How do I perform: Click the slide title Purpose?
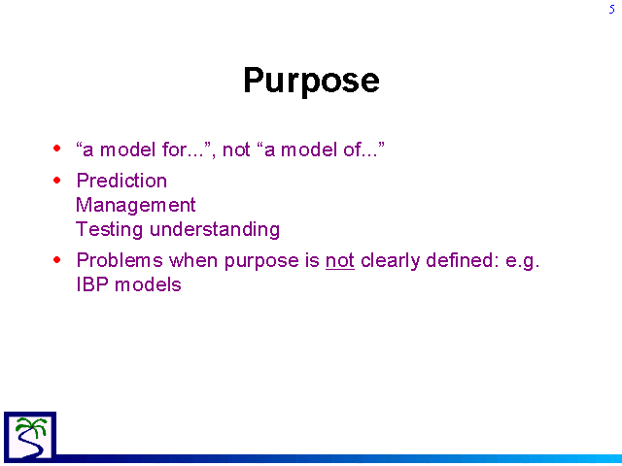pyautogui.click(x=311, y=82)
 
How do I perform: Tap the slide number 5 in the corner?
pyautogui.click(x=611, y=9)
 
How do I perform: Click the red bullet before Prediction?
pyautogui.click(x=57, y=181)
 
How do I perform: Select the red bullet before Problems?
pyautogui.click(x=57, y=260)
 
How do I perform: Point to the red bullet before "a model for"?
pyautogui.click(x=57, y=149)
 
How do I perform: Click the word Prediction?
pyautogui.click(x=121, y=181)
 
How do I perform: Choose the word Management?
pyautogui.click(x=136, y=206)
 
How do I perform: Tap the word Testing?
pyautogui.click(x=109, y=230)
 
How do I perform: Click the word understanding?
pyautogui.click(x=215, y=229)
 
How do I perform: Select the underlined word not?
pyautogui.click(x=340, y=261)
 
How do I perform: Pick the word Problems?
pyautogui.click(x=120, y=260)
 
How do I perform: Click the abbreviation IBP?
pyautogui.click(x=92, y=284)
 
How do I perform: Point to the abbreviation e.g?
pyautogui.click(x=523, y=261)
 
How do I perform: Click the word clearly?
pyautogui.click(x=390, y=261)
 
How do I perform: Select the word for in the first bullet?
pyautogui.click(x=174, y=150)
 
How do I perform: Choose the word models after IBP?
pyautogui.click(x=148, y=284)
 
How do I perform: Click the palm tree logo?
pyautogui.click(x=30, y=437)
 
